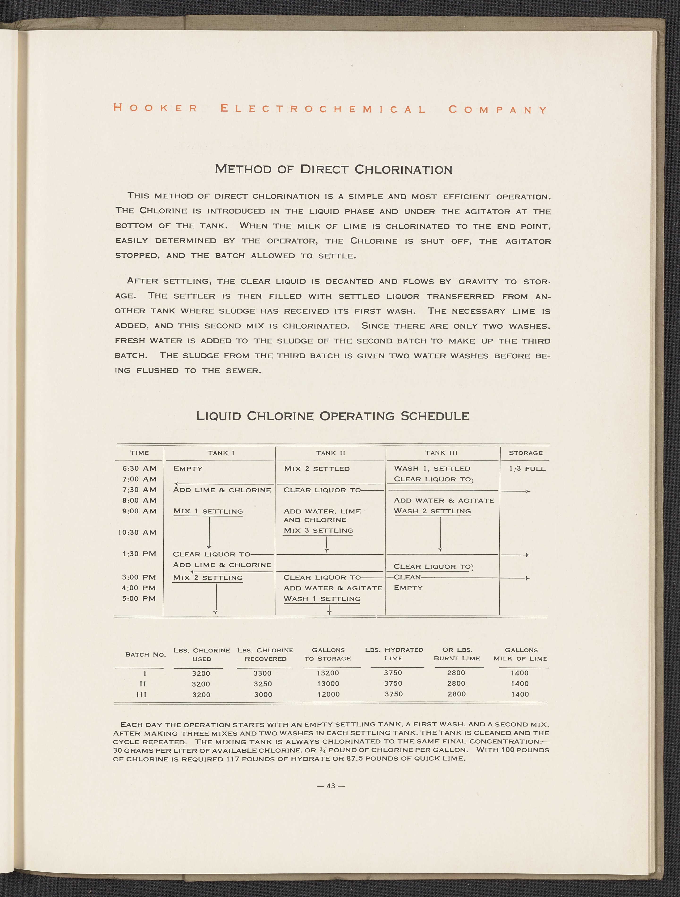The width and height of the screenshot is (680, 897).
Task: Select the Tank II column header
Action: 330,453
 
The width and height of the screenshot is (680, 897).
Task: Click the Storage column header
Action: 525,453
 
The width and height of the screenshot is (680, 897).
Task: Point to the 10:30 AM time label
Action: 137,532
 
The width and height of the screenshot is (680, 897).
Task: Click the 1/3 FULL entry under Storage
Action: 527,469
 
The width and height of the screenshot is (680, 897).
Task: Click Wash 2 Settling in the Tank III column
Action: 432,511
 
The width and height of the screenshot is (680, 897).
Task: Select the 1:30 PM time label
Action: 139,554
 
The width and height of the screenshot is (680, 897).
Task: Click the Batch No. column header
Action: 145,654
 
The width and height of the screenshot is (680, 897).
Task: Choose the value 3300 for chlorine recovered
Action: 263,673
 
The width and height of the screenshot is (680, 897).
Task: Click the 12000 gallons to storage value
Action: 328,694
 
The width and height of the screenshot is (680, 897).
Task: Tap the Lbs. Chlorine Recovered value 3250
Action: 263,684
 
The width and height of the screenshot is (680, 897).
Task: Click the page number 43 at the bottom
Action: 331,786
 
